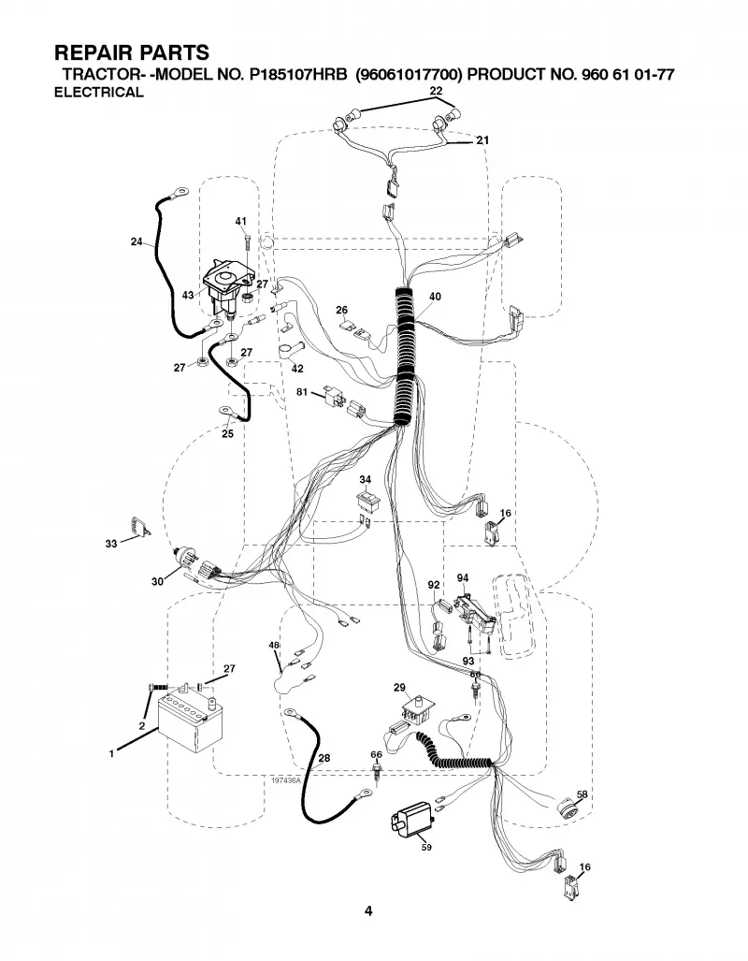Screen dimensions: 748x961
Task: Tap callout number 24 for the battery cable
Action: [x=137, y=241]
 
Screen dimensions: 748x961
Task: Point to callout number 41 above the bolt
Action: [x=240, y=221]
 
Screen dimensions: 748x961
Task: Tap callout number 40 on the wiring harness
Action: [x=435, y=297]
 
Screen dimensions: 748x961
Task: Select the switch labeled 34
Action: [x=366, y=500]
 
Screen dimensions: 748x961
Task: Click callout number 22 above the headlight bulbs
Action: [x=437, y=91]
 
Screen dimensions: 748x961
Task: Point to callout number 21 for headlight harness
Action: [x=482, y=140]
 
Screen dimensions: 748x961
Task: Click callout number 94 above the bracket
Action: [x=463, y=578]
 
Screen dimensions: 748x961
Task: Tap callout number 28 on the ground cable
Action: [x=324, y=758]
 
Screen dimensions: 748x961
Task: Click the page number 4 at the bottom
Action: [x=368, y=910]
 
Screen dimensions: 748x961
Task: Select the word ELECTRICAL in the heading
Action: [x=98, y=93]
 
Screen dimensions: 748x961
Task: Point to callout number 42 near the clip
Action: [x=297, y=369]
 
